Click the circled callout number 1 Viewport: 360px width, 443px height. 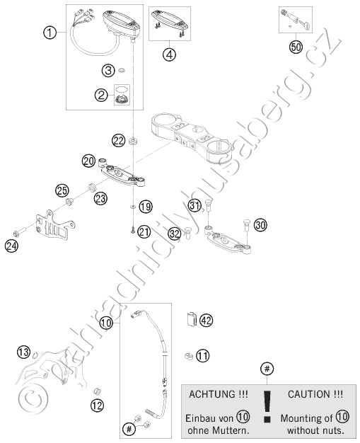(50, 33)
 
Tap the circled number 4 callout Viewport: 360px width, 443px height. (169, 54)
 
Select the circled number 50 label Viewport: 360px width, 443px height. (296, 47)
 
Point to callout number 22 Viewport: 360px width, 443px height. (118, 140)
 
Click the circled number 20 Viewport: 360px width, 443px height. (89, 161)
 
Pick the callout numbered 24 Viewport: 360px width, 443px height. (11, 246)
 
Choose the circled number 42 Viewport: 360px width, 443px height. (207, 321)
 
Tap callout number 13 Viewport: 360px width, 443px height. (24, 352)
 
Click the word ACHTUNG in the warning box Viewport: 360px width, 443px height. (219, 394)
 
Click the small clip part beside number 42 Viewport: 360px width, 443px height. (192, 319)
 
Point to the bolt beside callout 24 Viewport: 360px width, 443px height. (20, 233)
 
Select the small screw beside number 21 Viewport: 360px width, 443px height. (133, 231)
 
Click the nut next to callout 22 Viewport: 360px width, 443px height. (133, 141)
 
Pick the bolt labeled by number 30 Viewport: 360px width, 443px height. (246, 225)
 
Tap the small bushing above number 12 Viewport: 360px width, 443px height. (97, 391)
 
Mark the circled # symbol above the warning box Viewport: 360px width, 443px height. (267, 369)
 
